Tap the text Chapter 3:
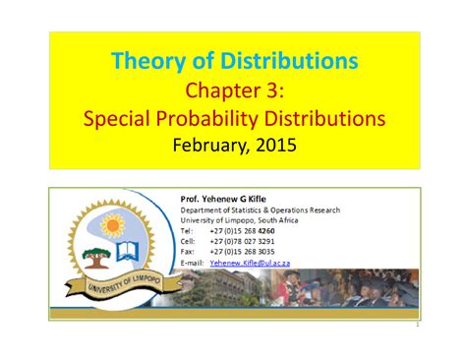coord(234,91)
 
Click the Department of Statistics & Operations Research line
coord(260,210)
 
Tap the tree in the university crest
coord(95,257)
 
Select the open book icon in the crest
coord(129,253)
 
